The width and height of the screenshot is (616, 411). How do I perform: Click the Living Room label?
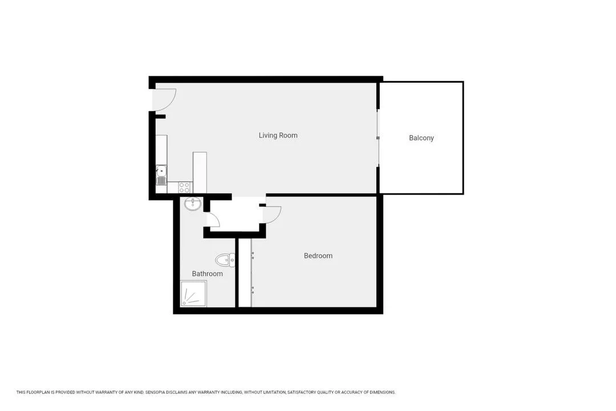coord(278,135)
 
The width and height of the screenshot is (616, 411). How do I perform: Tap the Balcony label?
coord(421,138)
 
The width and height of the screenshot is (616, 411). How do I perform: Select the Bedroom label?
coord(318,256)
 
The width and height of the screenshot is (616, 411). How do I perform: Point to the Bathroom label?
coord(207,274)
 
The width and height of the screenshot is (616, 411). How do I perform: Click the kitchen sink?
coord(161,175)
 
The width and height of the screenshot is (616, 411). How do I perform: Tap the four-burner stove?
coord(185,187)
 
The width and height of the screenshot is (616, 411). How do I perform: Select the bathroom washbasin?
coord(193,204)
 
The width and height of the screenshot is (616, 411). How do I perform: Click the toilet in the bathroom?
coord(225,260)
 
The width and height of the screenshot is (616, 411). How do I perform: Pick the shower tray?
coord(193,293)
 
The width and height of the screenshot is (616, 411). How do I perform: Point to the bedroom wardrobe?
coord(245,272)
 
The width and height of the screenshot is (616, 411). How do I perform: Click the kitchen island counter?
coord(200,172)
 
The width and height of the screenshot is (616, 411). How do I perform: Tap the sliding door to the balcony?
coord(378,138)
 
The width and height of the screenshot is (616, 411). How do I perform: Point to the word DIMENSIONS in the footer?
coord(382,392)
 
